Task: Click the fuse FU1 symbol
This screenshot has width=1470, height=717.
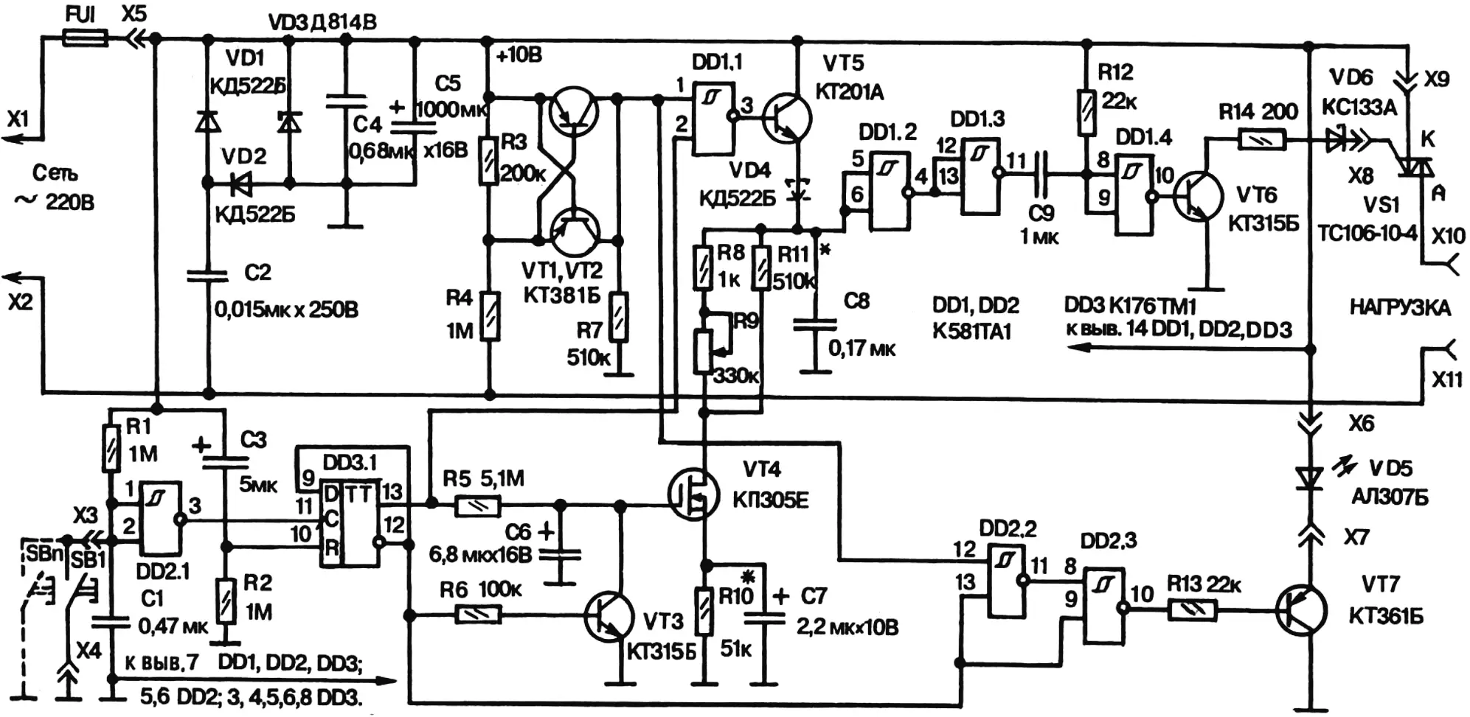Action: coord(85,38)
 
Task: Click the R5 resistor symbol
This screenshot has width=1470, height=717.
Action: coord(478,506)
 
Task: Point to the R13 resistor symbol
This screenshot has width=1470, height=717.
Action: coord(1192,609)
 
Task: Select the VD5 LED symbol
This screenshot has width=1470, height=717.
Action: coord(1311,480)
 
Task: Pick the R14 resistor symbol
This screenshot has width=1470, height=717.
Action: coord(1262,139)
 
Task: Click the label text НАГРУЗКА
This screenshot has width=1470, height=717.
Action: coord(1400,307)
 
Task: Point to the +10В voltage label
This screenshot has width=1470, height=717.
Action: coord(520,55)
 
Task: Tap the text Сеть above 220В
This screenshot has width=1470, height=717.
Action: coord(55,173)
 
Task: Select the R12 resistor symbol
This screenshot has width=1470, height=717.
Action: coord(1086,113)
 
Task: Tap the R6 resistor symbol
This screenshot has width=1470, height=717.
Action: coord(479,614)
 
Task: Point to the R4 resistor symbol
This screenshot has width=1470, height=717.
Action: coord(489,316)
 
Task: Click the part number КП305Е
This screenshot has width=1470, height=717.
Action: coord(771,500)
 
